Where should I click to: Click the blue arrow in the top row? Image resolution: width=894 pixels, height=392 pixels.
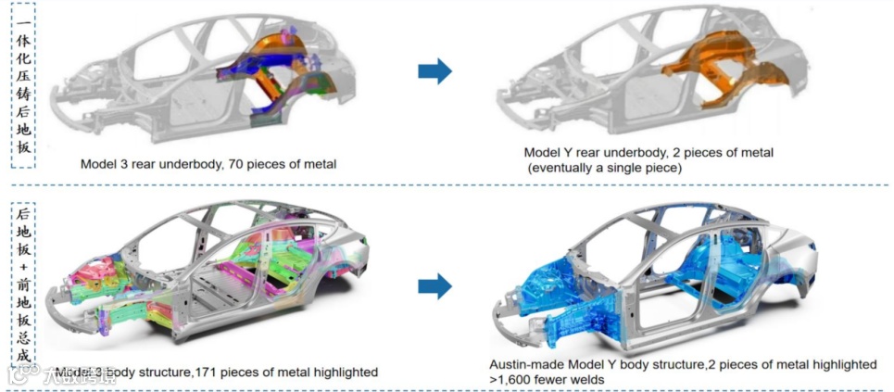434,70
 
